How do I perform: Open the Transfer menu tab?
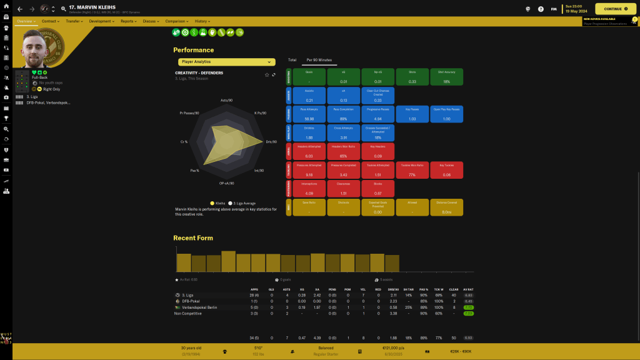point(74,21)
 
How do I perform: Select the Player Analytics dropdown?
point(226,62)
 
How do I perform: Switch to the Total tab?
point(292,60)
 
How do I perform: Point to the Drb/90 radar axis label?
point(271,142)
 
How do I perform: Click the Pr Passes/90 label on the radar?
point(190,113)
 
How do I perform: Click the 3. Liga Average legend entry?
point(244,203)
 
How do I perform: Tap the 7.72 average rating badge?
point(468,307)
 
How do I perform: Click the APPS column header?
point(254,289)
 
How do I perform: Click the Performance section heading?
point(193,50)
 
